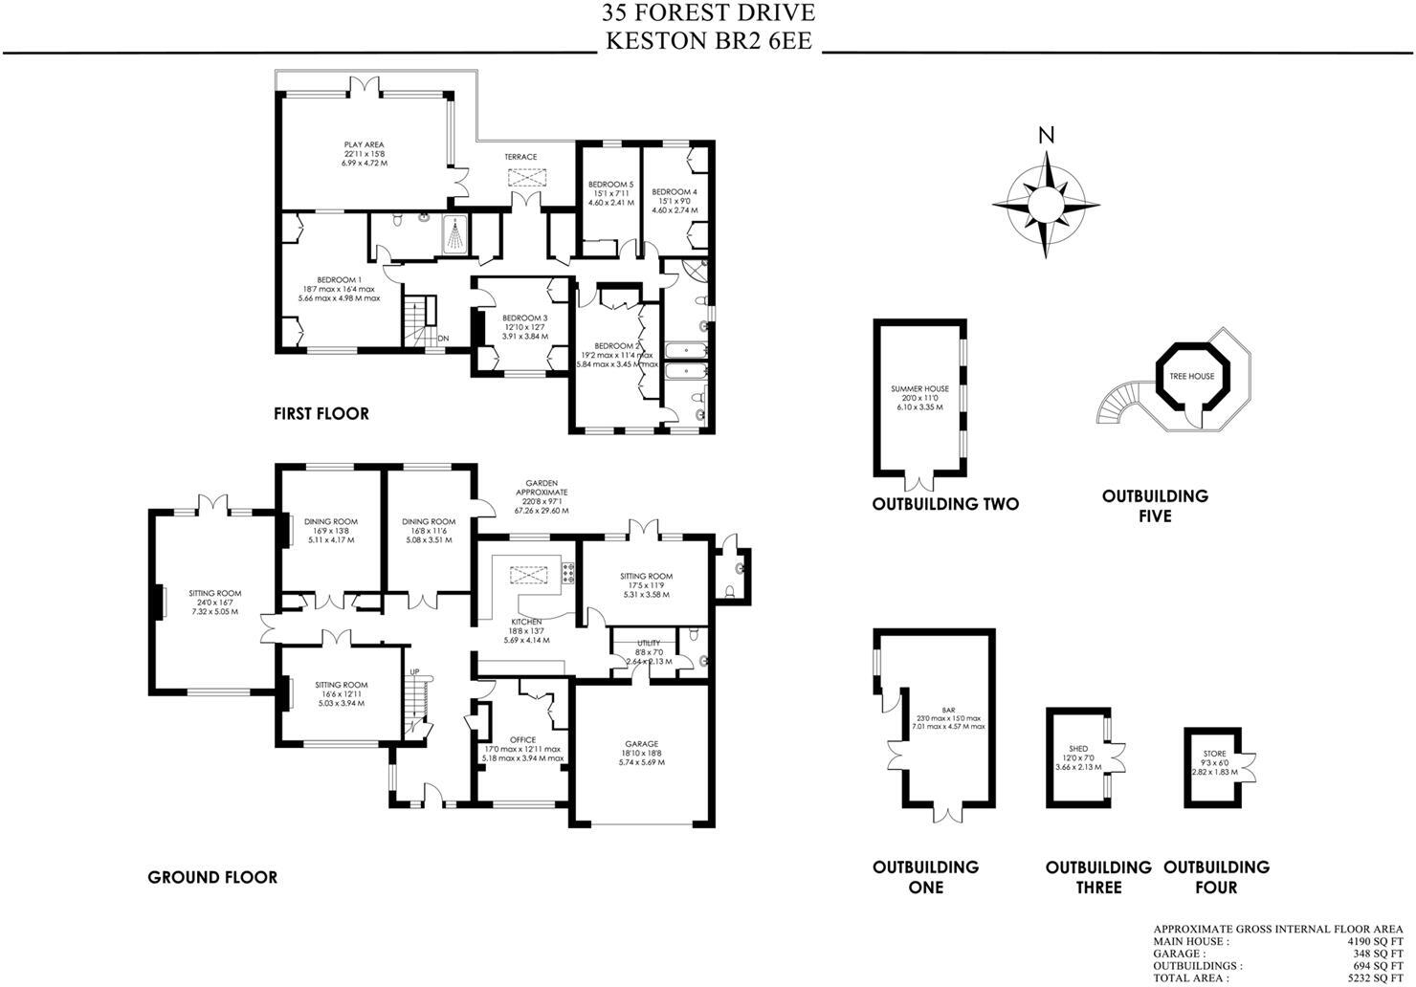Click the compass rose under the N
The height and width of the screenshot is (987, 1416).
click(1046, 204)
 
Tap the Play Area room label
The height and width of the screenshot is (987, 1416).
click(365, 145)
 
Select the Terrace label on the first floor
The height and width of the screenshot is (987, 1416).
click(521, 157)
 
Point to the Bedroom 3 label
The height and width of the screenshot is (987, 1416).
click(524, 318)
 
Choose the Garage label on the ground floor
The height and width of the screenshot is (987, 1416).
click(641, 744)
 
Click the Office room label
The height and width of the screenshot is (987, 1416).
click(522, 739)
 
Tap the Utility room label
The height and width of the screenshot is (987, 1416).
click(649, 644)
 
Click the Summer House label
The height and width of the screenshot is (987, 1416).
click(919, 389)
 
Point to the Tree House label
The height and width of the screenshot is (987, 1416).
click(1191, 377)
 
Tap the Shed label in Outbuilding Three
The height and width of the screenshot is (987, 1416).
click(1077, 750)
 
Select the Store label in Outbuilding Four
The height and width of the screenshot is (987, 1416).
click(1214, 754)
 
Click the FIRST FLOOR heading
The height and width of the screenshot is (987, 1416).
click(321, 414)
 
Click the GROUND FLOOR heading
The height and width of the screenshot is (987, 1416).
click(212, 877)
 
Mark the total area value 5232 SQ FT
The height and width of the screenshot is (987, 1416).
click(1370, 978)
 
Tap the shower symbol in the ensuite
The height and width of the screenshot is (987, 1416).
click(456, 233)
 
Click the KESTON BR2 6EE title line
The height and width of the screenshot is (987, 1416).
click(708, 41)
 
